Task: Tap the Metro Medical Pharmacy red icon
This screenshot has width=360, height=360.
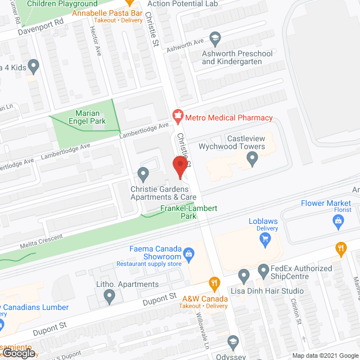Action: pos(178,118)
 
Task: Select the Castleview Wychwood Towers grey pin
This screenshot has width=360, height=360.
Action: pos(253,160)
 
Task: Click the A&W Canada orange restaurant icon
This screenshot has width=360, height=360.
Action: pos(213,282)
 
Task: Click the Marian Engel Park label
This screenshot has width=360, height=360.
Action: pos(83,116)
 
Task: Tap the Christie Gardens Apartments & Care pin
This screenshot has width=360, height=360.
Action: pos(144,174)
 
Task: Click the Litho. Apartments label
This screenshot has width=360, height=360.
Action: pos(127,285)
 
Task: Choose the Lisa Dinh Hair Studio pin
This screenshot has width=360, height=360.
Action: pos(244,276)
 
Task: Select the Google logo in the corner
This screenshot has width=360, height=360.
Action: pos(18,353)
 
